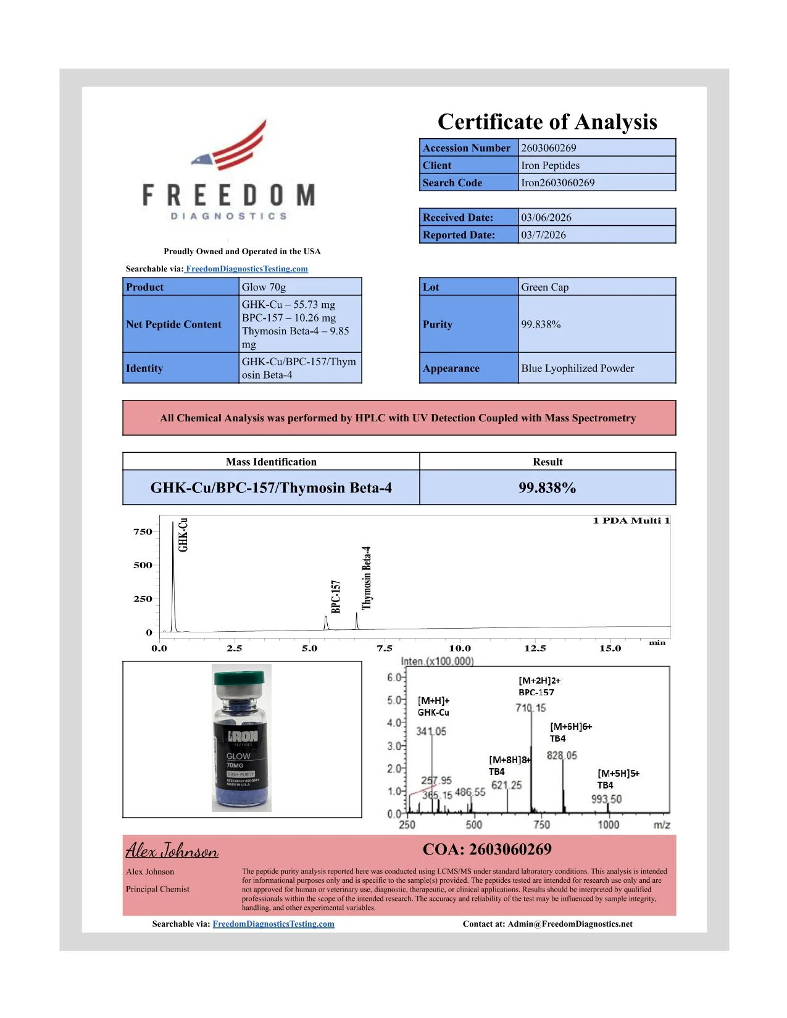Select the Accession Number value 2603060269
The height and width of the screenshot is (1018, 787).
pyautogui.click(x=548, y=148)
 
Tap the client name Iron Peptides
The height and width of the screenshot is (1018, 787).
pyautogui.click(x=550, y=165)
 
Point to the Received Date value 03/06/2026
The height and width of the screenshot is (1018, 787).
pyautogui.click(x=546, y=218)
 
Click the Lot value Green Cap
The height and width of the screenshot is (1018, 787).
pyautogui.click(x=544, y=288)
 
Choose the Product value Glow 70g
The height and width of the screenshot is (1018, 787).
pyautogui.click(x=264, y=288)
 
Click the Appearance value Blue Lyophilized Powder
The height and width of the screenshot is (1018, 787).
pyautogui.click(x=577, y=368)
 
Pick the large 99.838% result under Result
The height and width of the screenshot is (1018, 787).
pyautogui.click(x=547, y=488)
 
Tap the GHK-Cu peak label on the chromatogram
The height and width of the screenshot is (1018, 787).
pyautogui.click(x=183, y=535)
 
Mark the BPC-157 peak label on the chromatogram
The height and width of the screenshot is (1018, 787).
pyautogui.click(x=336, y=597)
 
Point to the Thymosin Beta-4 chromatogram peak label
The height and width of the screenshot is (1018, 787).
pyautogui.click(x=367, y=578)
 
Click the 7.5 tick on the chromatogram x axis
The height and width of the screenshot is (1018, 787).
pyautogui.click(x=385, y=648)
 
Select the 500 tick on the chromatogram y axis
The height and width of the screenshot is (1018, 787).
pyautogui.click(x=143, y=565)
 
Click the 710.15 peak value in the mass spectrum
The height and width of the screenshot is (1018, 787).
pyautogui.click(x=531, y=708)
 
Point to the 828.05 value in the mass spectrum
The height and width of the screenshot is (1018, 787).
pyautogui.click(x=562, y=756)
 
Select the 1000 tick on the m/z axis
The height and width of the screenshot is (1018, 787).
pyautogui.click(x=608, y=825)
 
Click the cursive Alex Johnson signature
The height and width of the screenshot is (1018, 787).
pyautogui.click(x=172, y=851)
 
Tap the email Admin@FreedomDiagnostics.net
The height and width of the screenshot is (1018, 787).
pyautogui.click(x=570, y=924)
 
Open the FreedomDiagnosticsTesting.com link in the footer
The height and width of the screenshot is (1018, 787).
pyautogui.click(x=273, y=924)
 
